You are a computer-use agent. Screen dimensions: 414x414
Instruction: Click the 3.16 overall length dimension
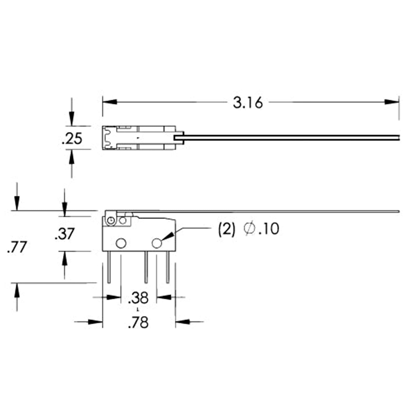248,103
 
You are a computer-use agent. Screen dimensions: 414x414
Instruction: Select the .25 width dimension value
72,139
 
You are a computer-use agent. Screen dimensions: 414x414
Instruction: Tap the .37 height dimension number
64,234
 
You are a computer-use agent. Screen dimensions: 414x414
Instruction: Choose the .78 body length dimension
138,322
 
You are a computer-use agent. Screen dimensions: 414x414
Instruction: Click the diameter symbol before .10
249,229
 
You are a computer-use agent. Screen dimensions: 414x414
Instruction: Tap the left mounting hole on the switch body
121,243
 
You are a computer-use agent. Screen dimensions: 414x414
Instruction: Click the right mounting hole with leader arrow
157,243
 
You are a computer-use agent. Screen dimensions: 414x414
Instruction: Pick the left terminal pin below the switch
109,267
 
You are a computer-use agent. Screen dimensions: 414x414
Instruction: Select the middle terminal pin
146,267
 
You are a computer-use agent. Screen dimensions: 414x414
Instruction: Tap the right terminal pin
168,267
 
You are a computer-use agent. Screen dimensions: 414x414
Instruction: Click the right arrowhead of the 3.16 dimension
392,102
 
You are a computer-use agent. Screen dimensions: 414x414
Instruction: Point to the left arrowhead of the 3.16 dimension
110,102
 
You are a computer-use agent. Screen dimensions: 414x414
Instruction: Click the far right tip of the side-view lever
398,211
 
